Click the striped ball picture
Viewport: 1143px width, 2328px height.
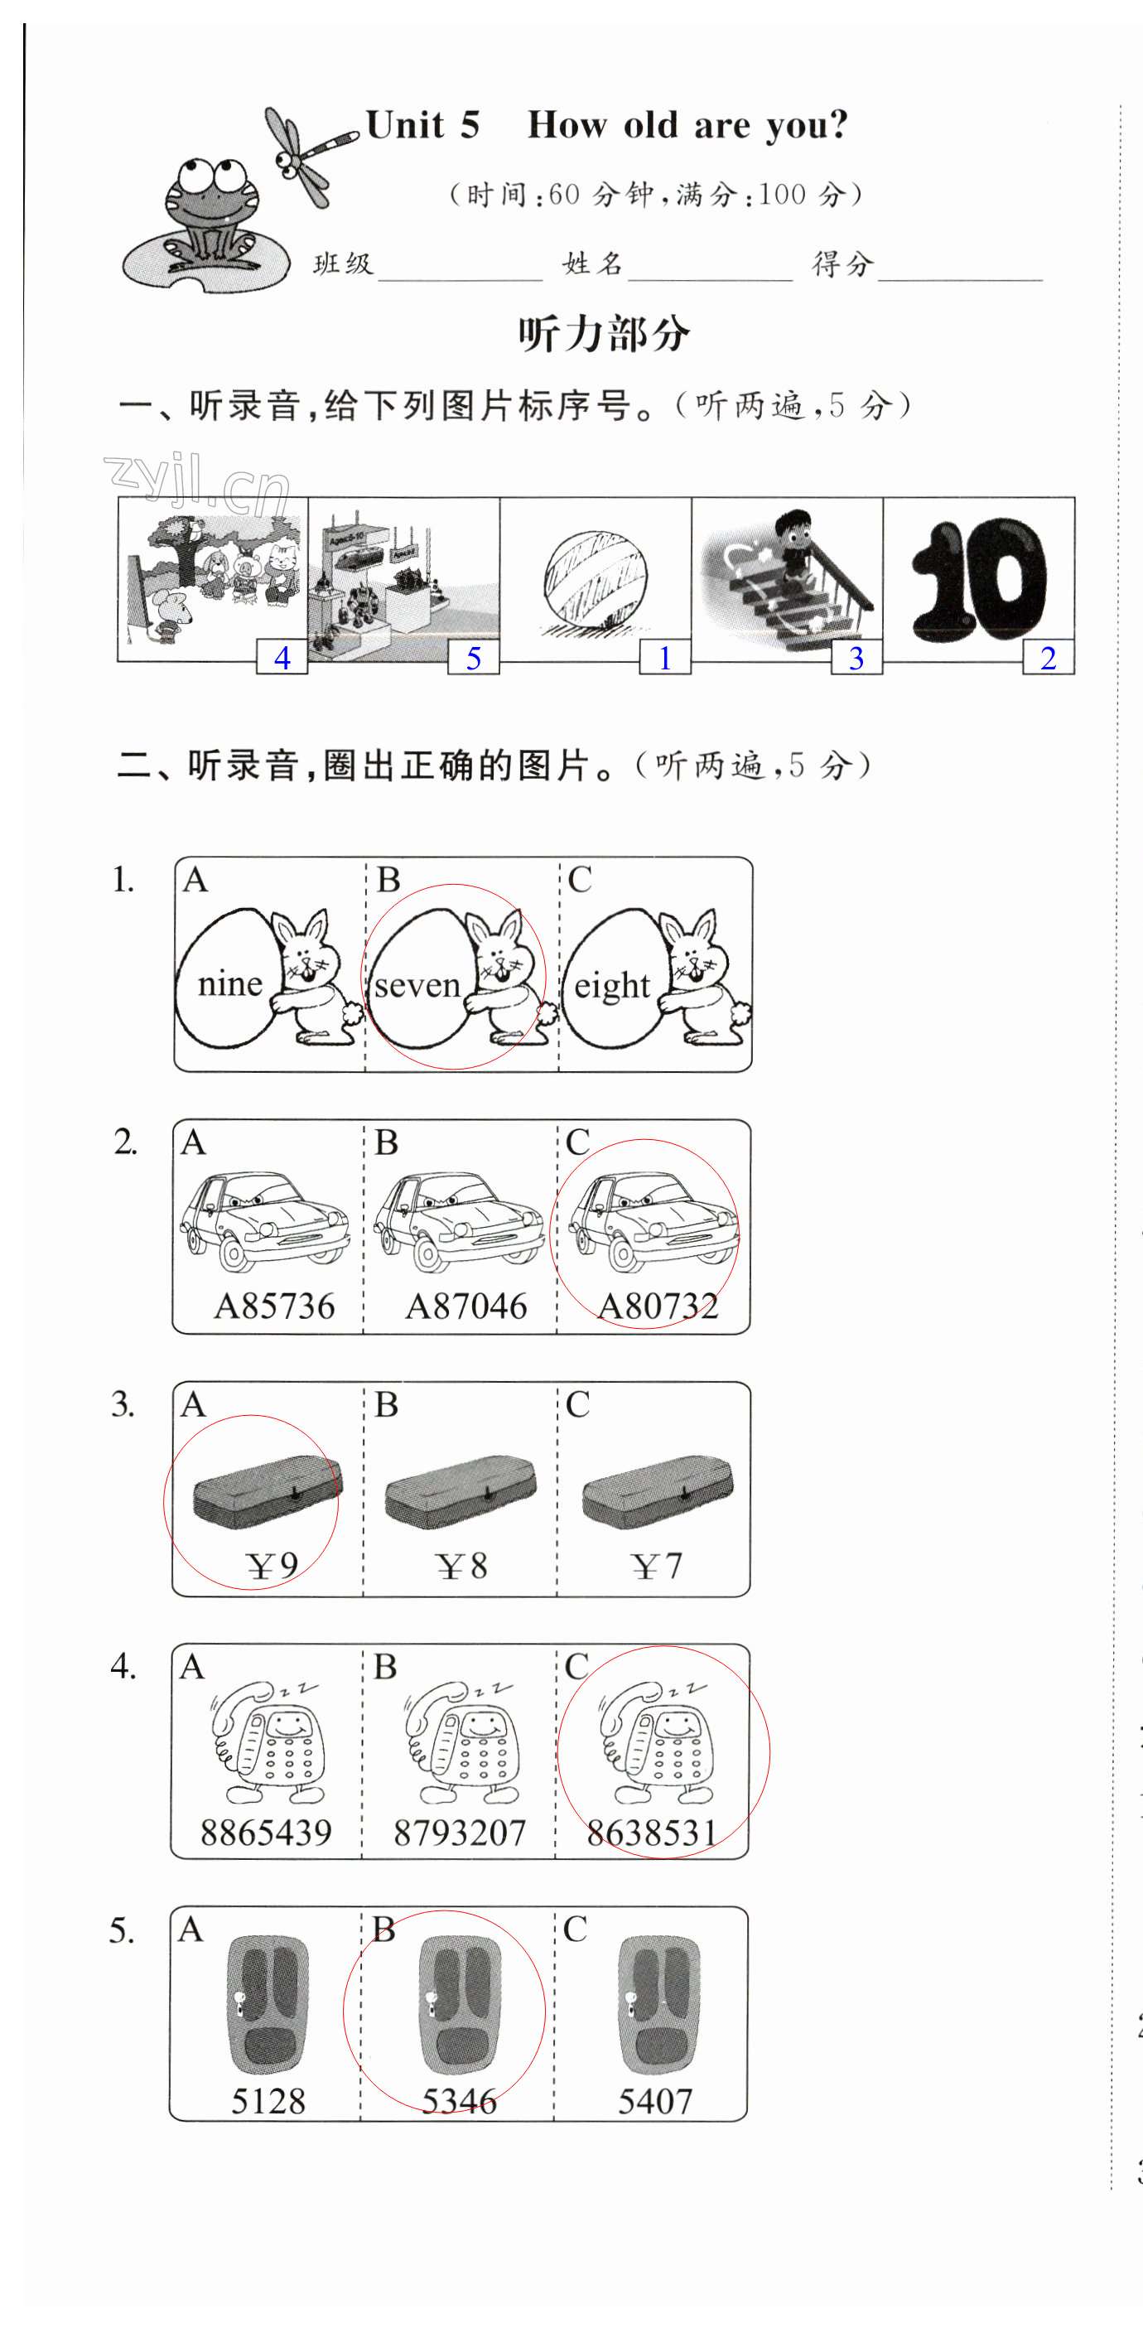[x=596, y=579]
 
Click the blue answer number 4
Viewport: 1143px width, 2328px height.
[x=282, y=658]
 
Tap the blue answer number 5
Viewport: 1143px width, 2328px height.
[x=474, y=658]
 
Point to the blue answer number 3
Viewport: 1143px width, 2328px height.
[x=856, y=658]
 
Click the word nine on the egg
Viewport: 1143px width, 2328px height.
[x=229, y=983]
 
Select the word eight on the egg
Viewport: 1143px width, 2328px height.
[x=612, y=985]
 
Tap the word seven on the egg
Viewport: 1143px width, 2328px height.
[x=417, y=985]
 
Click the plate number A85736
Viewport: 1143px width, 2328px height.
[x=274, y=1306]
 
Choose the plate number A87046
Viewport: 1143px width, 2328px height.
[x=465, y=1306]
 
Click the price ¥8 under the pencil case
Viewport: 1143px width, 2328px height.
[x=461, y=1566]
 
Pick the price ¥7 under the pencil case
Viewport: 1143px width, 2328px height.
[x=657, y=1566]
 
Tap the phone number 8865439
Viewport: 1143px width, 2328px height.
[x=266, y=1833]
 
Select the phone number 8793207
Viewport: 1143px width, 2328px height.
[x=459, y=1833]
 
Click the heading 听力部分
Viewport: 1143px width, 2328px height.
[x=604, y=334]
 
